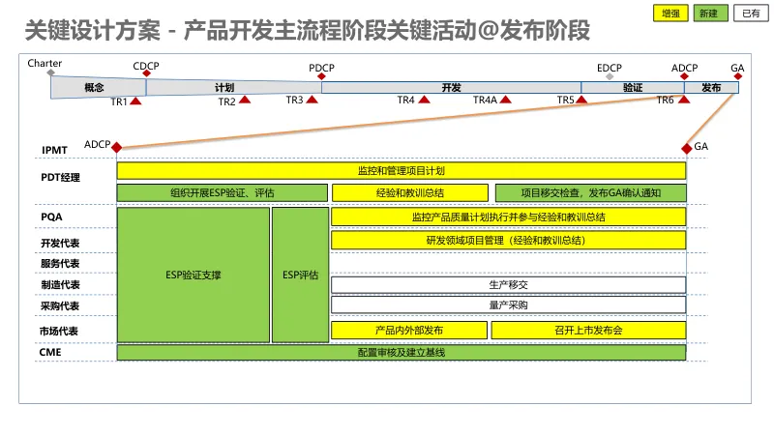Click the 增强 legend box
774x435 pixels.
(x=670, y=14)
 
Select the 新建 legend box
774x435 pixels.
(x=710, y=14)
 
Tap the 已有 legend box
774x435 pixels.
(x=750, y=14)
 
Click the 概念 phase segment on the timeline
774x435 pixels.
(x=94, y=87)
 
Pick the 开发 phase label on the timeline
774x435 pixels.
(x=451, y=87)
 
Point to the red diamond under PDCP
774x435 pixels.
(x=322, y=76)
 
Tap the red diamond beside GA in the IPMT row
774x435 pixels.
(x=687, y=147)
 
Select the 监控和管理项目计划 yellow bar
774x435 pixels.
(x=402, y=170)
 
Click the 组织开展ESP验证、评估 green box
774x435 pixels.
(x=222, y=192)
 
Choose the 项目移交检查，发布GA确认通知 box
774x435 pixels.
(x=590, y=192)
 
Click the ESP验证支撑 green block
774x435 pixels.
(x=193, y=275)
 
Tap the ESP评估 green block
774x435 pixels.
(x=300, y=275)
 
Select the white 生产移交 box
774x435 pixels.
(x=508, y=284)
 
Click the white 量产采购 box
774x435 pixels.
(x=508, y=305)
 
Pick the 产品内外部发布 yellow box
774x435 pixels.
(x=408, y=330)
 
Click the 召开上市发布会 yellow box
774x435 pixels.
(x=588, y=330)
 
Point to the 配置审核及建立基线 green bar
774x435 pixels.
(x=402, y=353)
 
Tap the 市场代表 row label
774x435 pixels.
(x=60, y=331)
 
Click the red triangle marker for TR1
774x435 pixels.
(x=136, y=101)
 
